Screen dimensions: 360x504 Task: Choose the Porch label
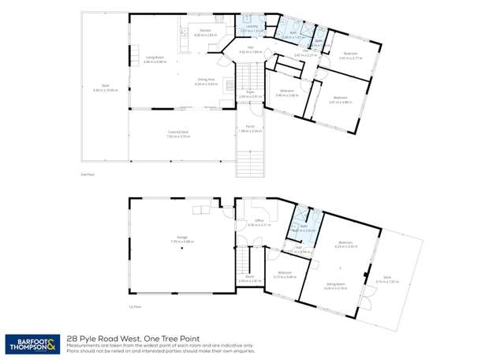pyautogui.click(x=250, y=127)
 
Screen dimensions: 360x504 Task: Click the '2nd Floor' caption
pyautogui.click(x=88, y=174)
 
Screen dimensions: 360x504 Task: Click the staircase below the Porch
pyautogui.click(x=250, y=161)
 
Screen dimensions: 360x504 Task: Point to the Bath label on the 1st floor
pyautogui.click(x=303, y=227)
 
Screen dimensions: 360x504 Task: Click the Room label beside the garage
pyautogui.click(x=249, y=276)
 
